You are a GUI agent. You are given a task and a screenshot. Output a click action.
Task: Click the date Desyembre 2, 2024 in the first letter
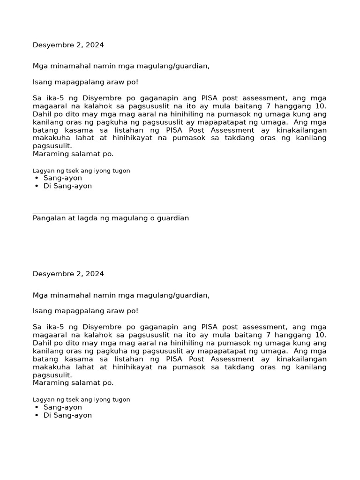click(x=68, y=45)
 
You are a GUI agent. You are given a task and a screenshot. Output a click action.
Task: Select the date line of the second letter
click(x=68, y=274)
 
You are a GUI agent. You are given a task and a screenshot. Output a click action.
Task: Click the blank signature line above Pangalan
click(x=107, y=213)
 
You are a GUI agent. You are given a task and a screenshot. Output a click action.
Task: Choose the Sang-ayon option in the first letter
click(x=62, y=178)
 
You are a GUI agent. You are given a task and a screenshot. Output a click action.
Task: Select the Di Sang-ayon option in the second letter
click(x=67, y=415)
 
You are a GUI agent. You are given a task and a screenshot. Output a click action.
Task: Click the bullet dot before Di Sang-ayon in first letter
click(x=37, y=187)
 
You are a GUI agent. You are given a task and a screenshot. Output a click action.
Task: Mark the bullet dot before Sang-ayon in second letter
click(x=37, y=408)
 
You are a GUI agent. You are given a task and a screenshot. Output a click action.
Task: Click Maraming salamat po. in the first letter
click(x=73, y=154)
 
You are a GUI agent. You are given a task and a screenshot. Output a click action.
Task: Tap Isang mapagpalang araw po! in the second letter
click(x=85, y=311)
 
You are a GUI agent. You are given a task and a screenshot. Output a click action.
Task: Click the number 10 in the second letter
click(x=321, y=335)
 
